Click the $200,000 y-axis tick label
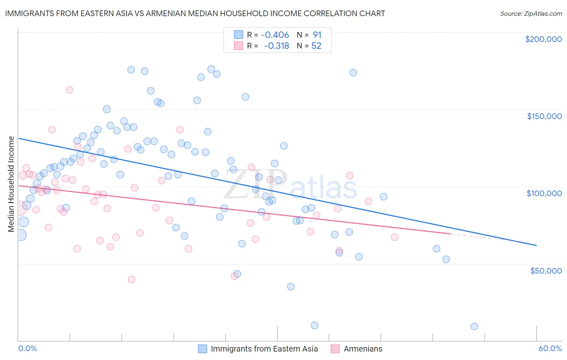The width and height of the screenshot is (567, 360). [x=543, y=39]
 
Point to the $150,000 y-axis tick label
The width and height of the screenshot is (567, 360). [x=544, y=116]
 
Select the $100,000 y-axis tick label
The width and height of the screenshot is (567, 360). [x=544, y=193]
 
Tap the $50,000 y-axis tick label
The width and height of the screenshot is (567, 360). [x=546, y=270]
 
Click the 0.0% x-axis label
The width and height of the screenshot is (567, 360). [x=27, y=348]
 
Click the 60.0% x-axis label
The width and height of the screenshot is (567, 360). [x=550, y=348]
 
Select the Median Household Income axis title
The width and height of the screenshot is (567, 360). [x=11, y=184]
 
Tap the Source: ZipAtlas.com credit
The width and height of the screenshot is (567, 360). [x=531, y=13]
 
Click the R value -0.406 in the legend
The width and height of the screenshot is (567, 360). [x=275, y=35]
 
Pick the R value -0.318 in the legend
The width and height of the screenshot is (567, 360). [x=276, y=46]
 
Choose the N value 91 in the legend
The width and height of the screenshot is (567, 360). [x=317, y=35]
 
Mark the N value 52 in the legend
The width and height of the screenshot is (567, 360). [x=316, y=46]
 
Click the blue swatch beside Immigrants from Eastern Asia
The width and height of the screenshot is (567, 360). [x=202, y=349]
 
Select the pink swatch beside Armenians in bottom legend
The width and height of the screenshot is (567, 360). [x=335, y=349]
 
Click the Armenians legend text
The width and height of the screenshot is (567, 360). [x=363, y=349]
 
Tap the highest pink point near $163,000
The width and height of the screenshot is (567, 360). [x=69, y=90]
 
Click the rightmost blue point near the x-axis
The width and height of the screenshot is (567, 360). [x=474, y=327]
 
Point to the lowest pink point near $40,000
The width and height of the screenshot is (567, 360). [x=131, y=280]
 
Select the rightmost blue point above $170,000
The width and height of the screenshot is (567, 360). [x=353, y=73]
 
